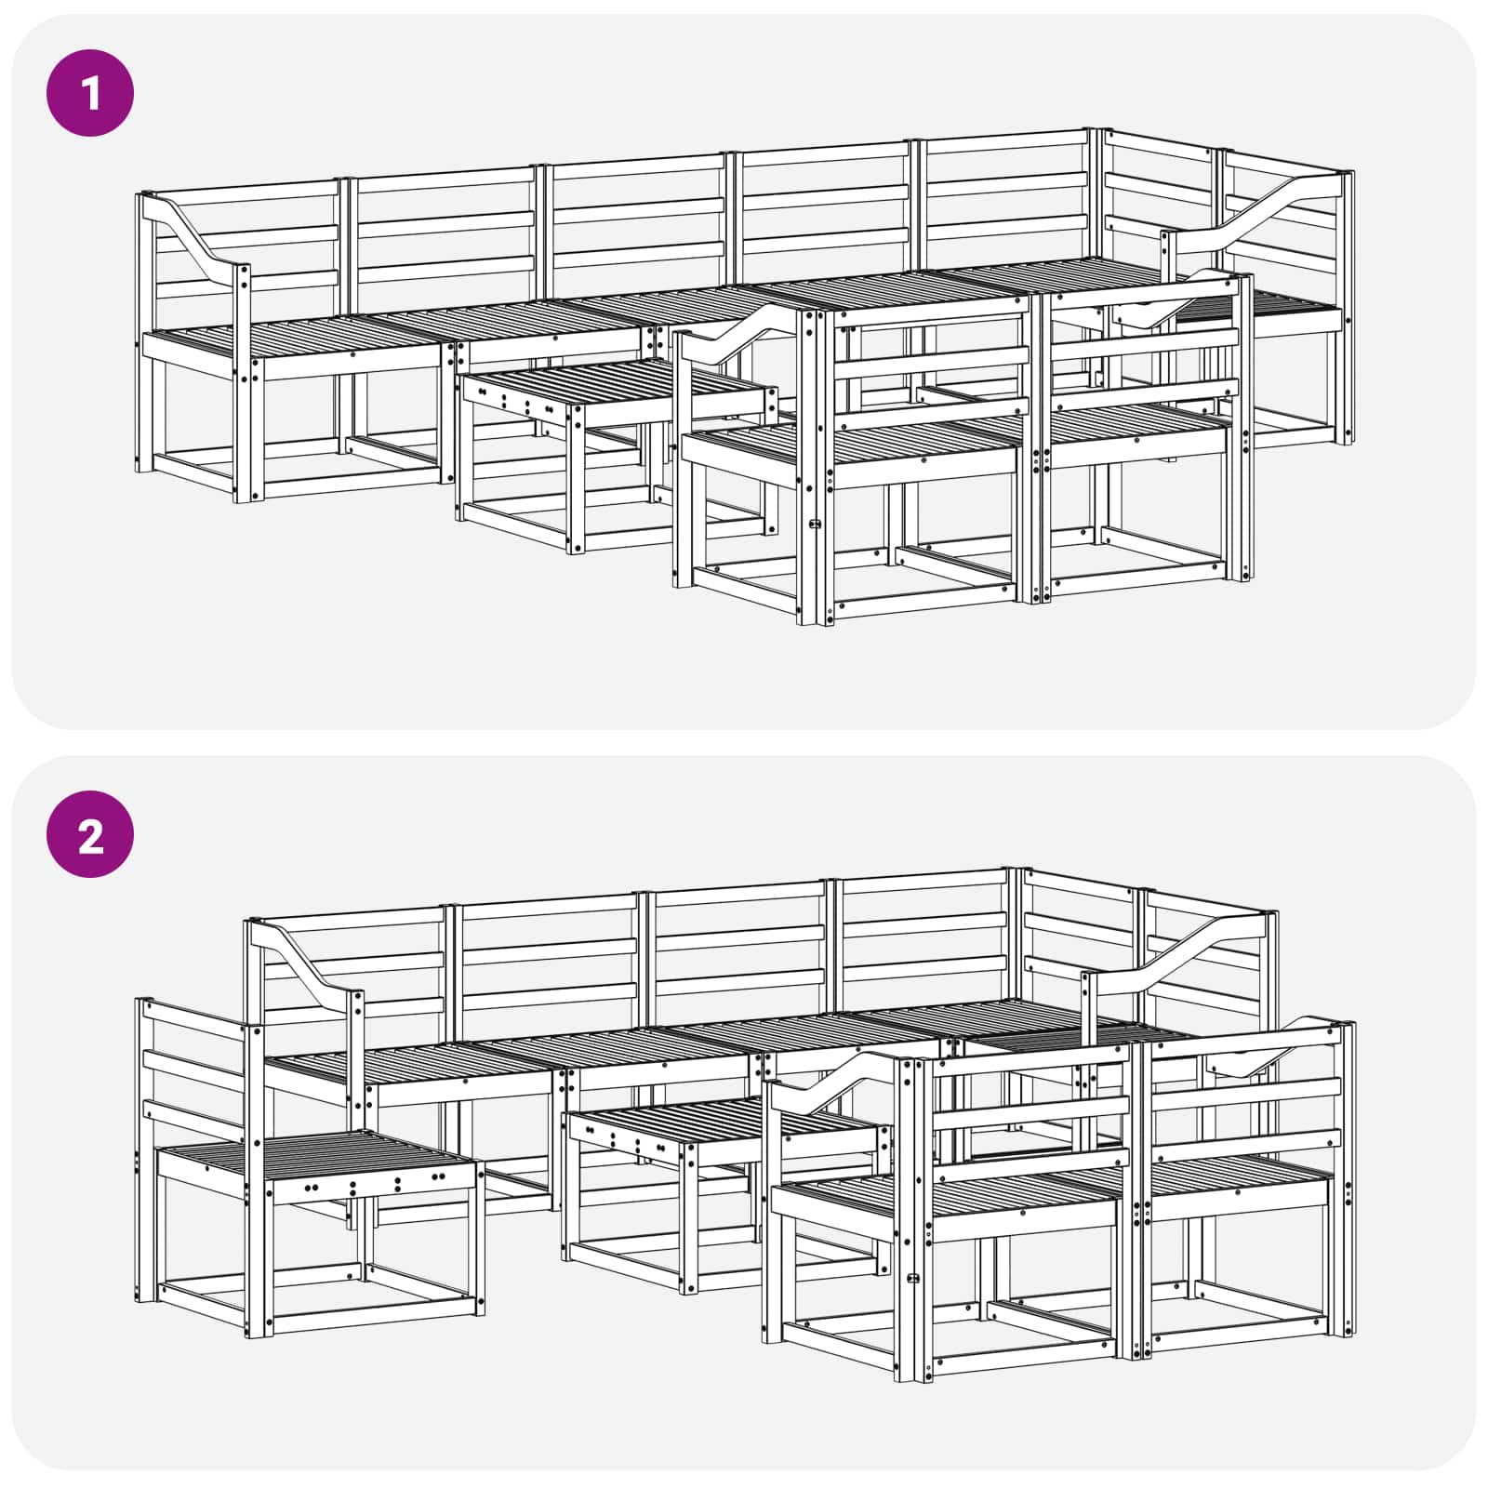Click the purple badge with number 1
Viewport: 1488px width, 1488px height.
coord(90,93)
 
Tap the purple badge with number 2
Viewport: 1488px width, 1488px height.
coord(90,834)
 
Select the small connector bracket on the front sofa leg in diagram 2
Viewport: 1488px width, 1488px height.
coord(913,1278)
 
